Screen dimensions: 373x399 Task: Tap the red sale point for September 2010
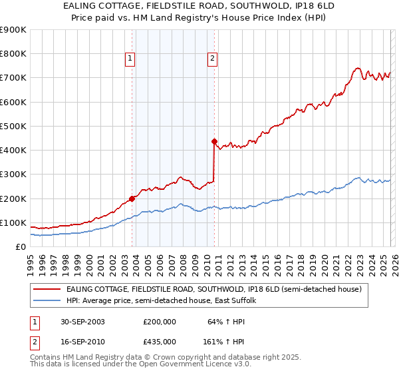click(214, 141)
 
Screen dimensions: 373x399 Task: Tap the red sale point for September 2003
click(132, 198)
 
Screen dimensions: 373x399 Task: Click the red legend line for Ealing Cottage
click(47, 289)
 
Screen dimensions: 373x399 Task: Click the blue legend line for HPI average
click(47, 301)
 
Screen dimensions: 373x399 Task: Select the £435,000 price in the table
click(159, 341)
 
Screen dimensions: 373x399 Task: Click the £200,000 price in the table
click(159, 321)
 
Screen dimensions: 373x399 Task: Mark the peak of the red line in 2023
click(358, 67)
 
